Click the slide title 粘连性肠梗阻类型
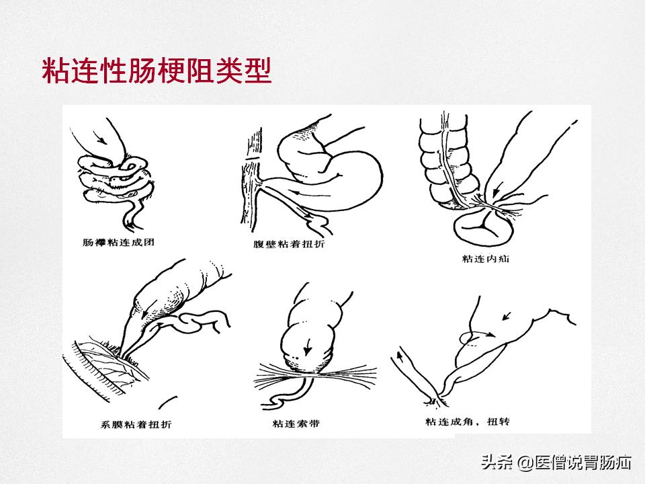(x=157, y=71)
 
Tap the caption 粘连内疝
(x=486, y=258)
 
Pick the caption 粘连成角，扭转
(x=468, y=421)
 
